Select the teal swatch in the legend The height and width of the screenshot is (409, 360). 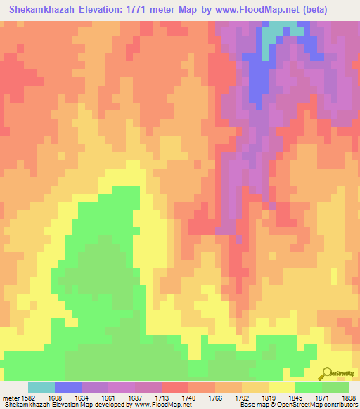click(41, 387)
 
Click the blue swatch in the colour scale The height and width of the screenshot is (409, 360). click(67, 387)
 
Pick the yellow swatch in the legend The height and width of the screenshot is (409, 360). click(281, 387)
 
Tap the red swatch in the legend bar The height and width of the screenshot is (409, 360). click(174, 387)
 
